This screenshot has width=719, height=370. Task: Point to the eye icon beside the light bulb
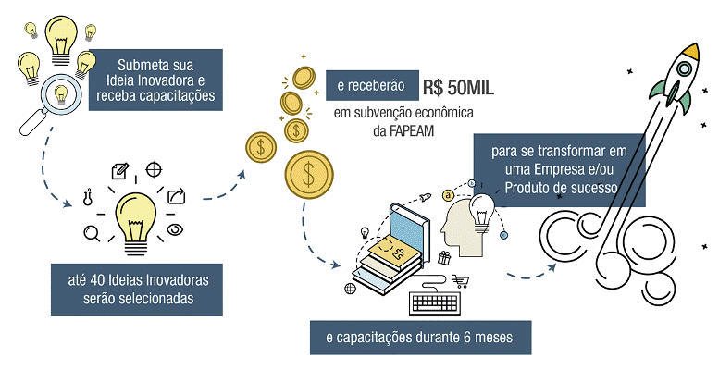[175, 231]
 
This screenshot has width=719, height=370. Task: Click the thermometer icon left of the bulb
[88, 196]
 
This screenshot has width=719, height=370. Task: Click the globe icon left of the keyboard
[351, 289]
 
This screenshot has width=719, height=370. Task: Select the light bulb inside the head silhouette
[481, 209]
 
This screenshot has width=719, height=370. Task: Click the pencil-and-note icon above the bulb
[119, 171]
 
